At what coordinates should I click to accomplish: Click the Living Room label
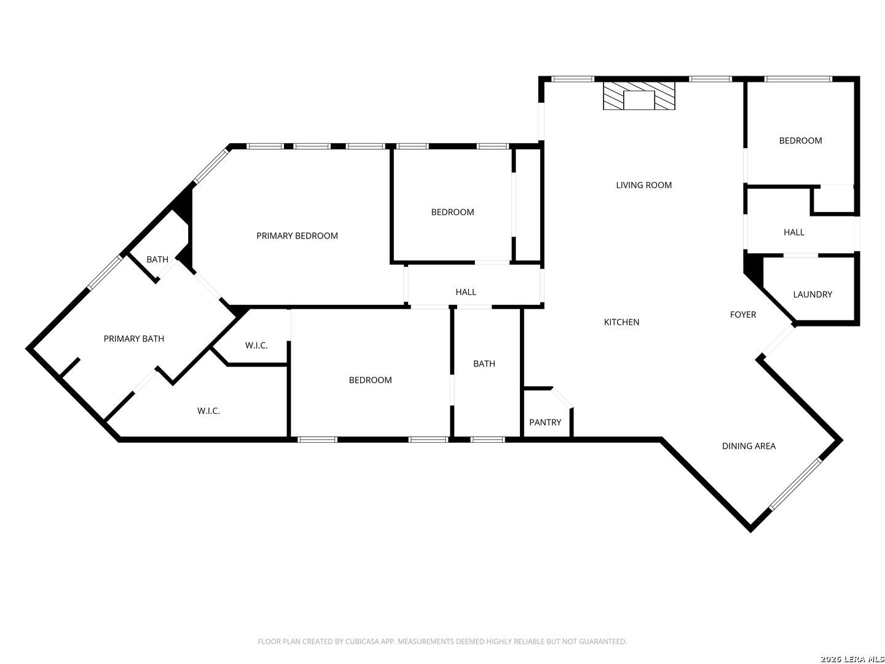[x=643, y=185]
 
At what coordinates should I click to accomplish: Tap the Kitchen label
[x=621, y=322]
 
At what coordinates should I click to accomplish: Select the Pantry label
[x=545, y=422]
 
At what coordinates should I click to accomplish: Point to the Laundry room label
[x=812, y=294]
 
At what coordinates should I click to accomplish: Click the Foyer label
[x=742, y=314]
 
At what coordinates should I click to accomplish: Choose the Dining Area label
[x=749, y=446]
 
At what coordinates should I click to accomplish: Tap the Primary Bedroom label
[x=297, y=236]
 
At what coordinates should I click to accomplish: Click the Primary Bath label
[x=134, y=339]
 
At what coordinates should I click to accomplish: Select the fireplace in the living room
[x=639, y=96]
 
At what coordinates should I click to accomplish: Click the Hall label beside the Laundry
[x=794, y=232]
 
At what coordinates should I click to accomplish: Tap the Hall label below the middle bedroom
[x=466, y=292]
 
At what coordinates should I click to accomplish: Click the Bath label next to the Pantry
[x=484, y=363]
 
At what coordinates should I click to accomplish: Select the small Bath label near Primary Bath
[x=157, y=259]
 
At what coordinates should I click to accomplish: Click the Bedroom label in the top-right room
[x=800, y=141]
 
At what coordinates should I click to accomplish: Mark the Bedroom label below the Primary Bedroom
[x=370, y=380]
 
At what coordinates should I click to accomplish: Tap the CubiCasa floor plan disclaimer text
[x=442, y=641]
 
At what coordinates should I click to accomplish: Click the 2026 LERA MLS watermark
[x=852, y=659]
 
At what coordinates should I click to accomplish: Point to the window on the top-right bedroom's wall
[x=798, y=79]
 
